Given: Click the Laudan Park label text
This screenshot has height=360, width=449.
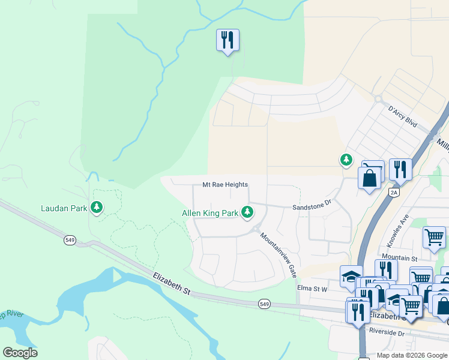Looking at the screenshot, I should [63, 209].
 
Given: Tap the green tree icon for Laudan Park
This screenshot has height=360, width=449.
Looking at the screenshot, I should [96, 208].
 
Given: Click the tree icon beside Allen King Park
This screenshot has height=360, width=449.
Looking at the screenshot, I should [247, 212].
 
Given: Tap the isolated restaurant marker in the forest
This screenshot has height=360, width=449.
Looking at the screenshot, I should [228, 41].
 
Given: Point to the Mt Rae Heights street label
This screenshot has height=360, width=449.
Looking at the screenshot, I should [224, 185].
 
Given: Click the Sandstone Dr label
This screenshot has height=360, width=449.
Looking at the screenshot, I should [312, 205].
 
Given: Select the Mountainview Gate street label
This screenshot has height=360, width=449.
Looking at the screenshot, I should [279, 254].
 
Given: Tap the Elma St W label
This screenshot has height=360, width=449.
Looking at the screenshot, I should [312, 288].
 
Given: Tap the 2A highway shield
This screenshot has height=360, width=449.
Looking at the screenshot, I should [394, 192].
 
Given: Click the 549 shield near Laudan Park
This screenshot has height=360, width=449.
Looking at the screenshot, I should [69, 240].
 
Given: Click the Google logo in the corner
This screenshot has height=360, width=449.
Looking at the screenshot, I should [20, 353].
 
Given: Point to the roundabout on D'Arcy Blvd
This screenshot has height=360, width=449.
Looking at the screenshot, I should [378, 99].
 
